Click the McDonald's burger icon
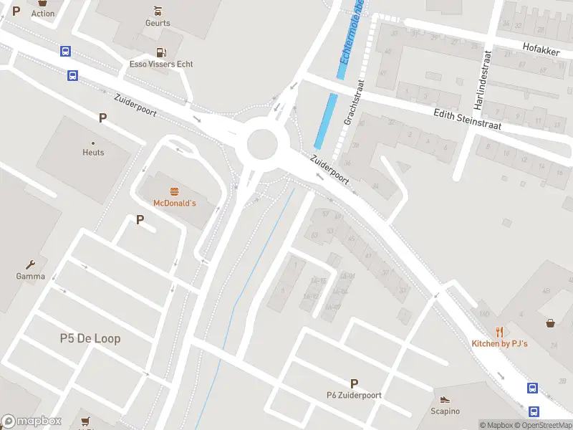tap(174, 191)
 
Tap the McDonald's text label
tap(174, 204)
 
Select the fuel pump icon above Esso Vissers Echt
tap(161, 52)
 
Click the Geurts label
tap(158, 23)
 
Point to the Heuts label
tap(93, 153)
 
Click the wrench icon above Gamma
tap(31, 264)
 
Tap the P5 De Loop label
tap(90, 338)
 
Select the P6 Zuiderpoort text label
tap(354, 395)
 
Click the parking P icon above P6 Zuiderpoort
tap(353, 383)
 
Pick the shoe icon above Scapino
tap(445, 400)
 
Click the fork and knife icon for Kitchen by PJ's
tap(499, 332)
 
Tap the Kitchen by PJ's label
tap(499, 344)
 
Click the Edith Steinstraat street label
tap(467, 119)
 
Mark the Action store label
tap(43, 14)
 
